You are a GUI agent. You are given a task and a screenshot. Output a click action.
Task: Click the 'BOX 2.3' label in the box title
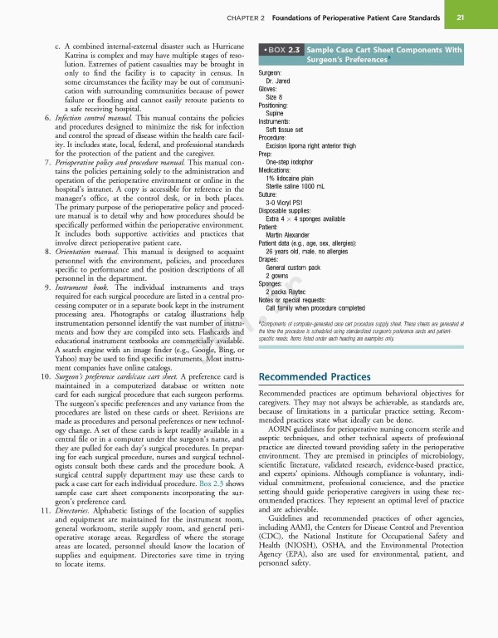284,50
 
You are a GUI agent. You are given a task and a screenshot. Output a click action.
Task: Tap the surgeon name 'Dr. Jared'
280,82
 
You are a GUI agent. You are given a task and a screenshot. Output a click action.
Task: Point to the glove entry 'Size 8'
274,98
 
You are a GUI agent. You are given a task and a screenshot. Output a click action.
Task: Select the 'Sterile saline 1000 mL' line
300,187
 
